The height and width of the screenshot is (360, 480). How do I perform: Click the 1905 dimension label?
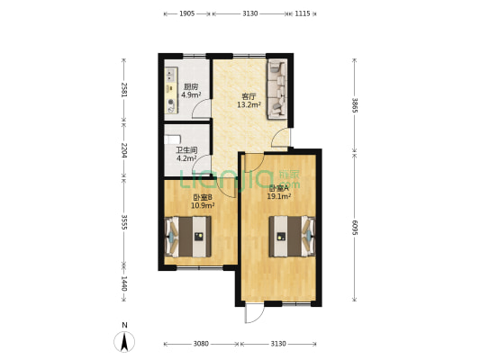click(x=186, y=13)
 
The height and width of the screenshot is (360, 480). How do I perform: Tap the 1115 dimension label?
click(x=303, y=13)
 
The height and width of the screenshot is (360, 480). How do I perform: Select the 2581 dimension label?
click(x=123, y=89)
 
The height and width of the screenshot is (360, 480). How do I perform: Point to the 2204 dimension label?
click(x=123, y=149)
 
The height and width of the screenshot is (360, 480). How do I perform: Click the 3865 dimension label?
click(x=355, y=107)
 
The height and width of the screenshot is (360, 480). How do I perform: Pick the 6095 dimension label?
click(x=355, y=229)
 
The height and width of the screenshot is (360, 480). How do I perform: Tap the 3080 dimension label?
click(x=201, y=344)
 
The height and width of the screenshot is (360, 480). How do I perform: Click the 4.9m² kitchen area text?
click(x=191, y=94)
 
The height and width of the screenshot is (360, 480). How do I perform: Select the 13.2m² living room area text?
click(x=249, y=104)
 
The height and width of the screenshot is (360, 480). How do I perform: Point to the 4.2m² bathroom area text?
click(x=186, y=158)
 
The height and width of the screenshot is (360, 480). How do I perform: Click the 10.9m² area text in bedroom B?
click(x=202, y=205)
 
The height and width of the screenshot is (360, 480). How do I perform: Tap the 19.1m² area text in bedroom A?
click(x=278, y=195)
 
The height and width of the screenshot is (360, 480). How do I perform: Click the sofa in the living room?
click(x=277, y=87)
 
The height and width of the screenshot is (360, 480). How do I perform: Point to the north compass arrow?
click(x=124, y=340)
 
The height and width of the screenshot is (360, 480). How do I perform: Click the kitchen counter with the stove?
click(x=170, y=89)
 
